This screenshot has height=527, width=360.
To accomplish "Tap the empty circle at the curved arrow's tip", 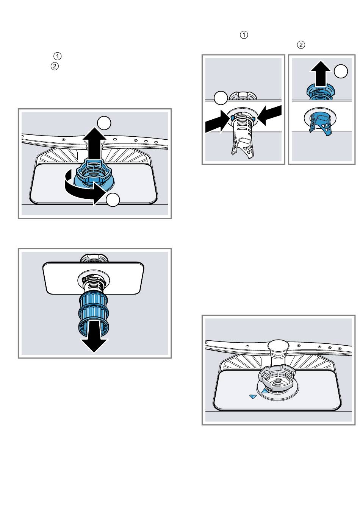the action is pyautogui.click(x=113, y=200).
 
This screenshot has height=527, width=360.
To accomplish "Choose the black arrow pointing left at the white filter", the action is pyautogui.click(x=269, y=115).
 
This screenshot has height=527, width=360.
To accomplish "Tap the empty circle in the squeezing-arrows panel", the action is pyautogui.click(x=221, y=98).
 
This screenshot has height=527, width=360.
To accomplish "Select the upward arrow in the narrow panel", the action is pyautogui.click(x=320, y=74).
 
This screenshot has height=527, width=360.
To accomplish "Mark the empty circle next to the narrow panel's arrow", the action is pyautogui.click(x=341, y=71).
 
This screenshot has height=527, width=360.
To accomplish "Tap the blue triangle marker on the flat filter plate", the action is pyautogui.click(x=253, y=396).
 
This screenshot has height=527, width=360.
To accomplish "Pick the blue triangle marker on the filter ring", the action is pyautogui.click(x=265, y=391).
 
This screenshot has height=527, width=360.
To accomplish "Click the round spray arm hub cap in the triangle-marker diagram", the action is pyautogui.click(x=278, y=345).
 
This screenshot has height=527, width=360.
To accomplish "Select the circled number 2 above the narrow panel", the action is pyautogui.click(x=301, y=45).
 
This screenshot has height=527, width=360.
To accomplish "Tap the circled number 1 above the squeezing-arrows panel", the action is pyautogui.click(x=244, y=35).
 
